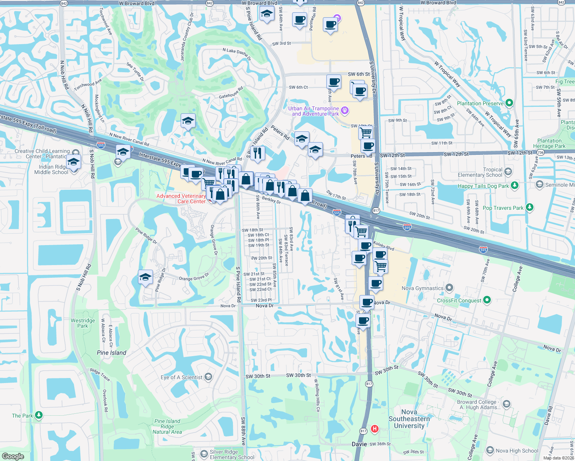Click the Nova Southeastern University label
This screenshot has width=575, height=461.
[x=409, y=419]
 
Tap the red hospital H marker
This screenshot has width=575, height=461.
[x=374, y=428]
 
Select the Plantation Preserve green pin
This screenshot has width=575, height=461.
[x=509, y=103]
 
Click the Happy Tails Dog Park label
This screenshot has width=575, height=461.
[x=483, y=186]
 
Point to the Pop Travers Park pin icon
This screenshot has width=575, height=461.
[x=530, y=207]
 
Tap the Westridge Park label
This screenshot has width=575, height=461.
[x=83, y=323]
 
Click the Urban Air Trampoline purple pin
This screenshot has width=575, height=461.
[x=345, y=111]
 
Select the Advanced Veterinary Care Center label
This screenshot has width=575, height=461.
[x=181, y=199]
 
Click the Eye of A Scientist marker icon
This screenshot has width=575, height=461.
[x=208, y=377]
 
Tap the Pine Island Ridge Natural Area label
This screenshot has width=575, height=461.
[x=167, y=426]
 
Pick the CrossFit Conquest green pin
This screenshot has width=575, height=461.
[x=487, y=300]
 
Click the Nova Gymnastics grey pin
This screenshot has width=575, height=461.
[x=449, y=288]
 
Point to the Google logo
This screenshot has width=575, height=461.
[x=13, y=456]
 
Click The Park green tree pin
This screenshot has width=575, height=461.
[x=38, y=415]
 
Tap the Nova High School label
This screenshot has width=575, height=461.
[x=517, y=451]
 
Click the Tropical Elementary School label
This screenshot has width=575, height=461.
[x=480, y=172]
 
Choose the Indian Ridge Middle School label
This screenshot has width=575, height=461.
[x=51, y=169]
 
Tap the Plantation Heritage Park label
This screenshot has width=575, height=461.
[x=549, y=143]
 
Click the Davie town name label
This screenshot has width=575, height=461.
[x=359, y=444]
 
